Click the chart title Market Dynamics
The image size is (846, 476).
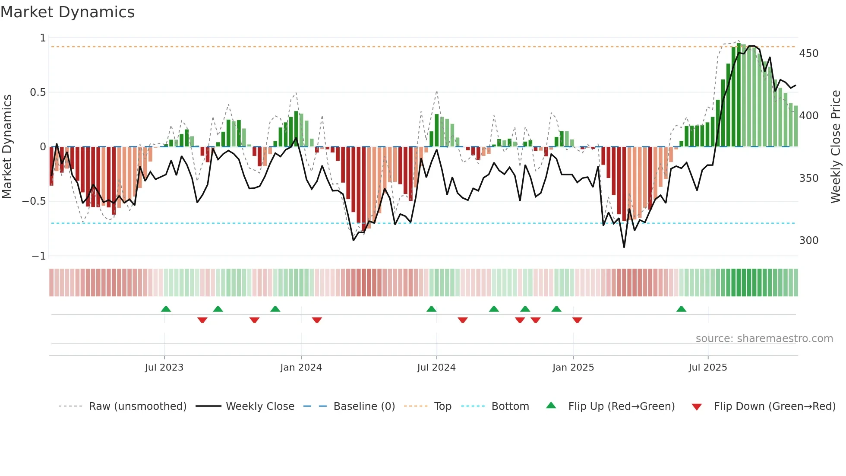(68, 12)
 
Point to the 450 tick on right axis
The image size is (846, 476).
(808, 54)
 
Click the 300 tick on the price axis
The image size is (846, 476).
(808, 240)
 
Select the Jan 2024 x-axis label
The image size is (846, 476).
(301, 368)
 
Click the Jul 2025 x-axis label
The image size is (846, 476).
(707, 368)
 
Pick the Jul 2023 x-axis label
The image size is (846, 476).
(164, 368)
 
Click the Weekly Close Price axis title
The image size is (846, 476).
(836, 147)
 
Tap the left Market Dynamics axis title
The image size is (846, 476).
(7, 147)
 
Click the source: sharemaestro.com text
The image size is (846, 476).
(764, 339)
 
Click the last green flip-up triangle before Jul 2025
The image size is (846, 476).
(681, 309)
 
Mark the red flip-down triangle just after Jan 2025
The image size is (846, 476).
(577, 320)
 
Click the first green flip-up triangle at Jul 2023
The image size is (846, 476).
(166, 309)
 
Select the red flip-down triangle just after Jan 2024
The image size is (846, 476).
(317, 320)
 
